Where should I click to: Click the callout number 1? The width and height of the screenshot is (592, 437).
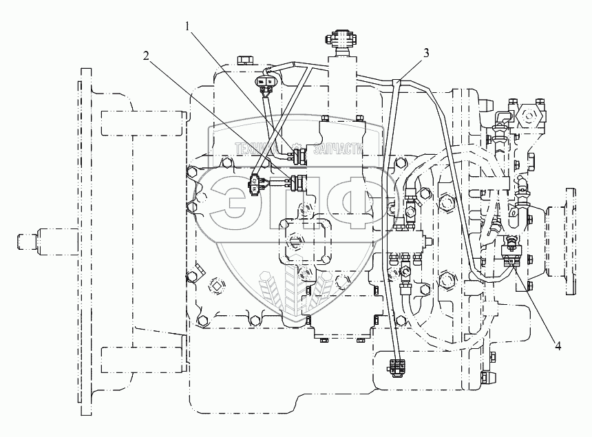pyautogui.click(x=187, y=26)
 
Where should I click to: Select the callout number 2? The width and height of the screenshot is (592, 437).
pyautogui.click(x=147, y=56)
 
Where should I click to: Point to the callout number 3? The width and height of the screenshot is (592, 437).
pyautogui.click(x=428, y=52)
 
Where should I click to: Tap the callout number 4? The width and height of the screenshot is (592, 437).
pyautogui.click(x=558, y=346)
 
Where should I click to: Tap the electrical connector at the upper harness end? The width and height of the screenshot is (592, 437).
pyautogui.click(x=266, y=83)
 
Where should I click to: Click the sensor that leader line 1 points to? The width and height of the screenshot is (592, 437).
pyautogui.click(x=298, y=156)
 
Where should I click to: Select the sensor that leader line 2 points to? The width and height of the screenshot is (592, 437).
pyautogui.click(x=298, y=182)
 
